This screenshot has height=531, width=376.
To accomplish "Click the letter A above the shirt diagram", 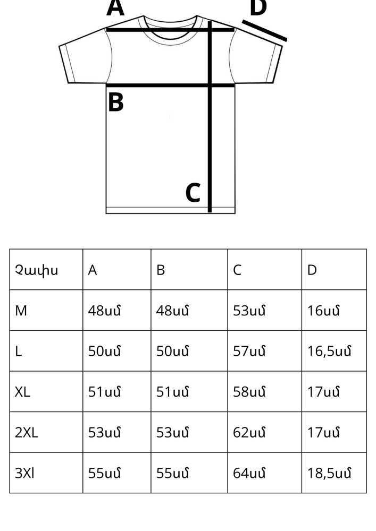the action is coord(115,7).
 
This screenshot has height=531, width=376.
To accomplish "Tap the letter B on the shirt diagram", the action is coord(115,102).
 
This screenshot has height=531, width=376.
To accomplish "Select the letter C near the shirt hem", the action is coord(193,193).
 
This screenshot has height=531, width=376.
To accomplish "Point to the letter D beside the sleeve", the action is coord(258,8).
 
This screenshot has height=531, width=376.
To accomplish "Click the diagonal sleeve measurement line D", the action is coord(264,30).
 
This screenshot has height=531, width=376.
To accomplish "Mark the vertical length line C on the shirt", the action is coord(210,117).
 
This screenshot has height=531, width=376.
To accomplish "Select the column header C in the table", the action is coord(237,270).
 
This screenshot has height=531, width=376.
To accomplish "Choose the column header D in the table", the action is coord(312,270).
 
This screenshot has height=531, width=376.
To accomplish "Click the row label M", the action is coord(21,311).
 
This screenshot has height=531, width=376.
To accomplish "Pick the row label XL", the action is coord(22,392).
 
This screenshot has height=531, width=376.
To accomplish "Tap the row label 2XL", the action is coord(27,432).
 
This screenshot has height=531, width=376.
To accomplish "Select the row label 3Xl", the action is coord(24,473).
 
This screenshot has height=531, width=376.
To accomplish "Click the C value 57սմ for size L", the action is coord(249,351).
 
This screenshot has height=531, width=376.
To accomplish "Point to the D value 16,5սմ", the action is coord(329,351).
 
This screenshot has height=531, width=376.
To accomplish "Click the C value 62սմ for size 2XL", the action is coord(249,432).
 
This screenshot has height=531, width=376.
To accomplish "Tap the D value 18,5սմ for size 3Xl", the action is coord(329,473).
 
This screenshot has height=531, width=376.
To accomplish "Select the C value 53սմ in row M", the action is coord(249,311).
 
